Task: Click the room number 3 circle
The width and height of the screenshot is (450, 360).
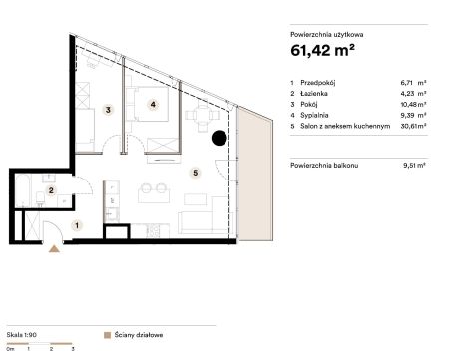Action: pyautogui.click(x=108, y=109)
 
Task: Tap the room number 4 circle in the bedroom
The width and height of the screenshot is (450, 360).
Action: pyautogui.click(x=153, y=105)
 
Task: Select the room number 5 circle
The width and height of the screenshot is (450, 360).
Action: pyautogui.click(x=196, y=173)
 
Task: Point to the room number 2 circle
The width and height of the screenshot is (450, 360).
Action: pyautogui.click(x=51, y=190)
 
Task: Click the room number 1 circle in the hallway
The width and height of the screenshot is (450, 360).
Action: pyautogui.click(x=77, y=225)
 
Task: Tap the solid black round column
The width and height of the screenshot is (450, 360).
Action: pyautogui.click(x=220, y=138)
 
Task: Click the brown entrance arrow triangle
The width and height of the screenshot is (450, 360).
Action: pyautogui.click(x=54, y=249)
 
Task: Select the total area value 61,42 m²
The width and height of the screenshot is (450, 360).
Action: pyautogui.click(x=322, y=50)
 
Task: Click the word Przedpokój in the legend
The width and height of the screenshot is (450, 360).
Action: pyautogui.click(x=317, y=83)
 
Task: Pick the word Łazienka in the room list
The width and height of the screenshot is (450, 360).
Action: pyautogui.click(x=314, y=94)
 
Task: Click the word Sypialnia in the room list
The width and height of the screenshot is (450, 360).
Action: pyautogui.click(x=314, y=115)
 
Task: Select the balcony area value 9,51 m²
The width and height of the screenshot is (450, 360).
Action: pyautogui.click(x=414, y=165)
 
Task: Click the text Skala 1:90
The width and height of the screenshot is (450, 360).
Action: pyautogui.click(x=21, y=335)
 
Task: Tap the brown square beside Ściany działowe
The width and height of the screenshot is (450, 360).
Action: pyautogui.click(x=107, y=335)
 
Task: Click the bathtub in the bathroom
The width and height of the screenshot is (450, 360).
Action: pyautogui.click(x=23, y=190)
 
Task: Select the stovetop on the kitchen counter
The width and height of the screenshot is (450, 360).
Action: pyautogui.click(x=154, y=231)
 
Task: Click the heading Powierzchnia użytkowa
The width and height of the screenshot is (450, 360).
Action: pyautogui.click(x=327, y=34)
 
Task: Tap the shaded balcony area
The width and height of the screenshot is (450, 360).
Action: pyautogui.click(x=255, y=176)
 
